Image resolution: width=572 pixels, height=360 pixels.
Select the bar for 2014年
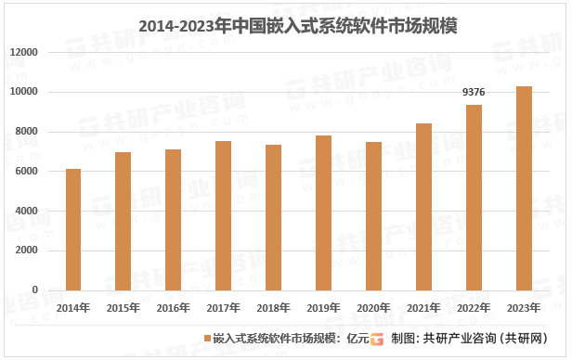(x=72, y=229)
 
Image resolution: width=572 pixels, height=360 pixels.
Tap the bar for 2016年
(x=173, y=219)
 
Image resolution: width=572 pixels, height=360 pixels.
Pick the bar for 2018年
(x=273, y=217)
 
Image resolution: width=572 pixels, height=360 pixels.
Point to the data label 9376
(x=474, y=93)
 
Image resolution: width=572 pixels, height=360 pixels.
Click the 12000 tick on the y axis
(x=24, y=53)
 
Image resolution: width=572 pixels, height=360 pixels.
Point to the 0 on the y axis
(x=35, y=289)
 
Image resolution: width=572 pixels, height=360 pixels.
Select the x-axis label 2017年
(x=223, y=307)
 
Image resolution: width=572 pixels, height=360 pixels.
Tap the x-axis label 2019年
(x=323, y=307)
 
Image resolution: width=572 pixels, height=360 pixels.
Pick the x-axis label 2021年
(x=423, y=307)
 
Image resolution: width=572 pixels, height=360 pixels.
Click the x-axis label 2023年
(x=524, y=307)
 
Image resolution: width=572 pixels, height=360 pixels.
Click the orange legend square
(x=207, y=338)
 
